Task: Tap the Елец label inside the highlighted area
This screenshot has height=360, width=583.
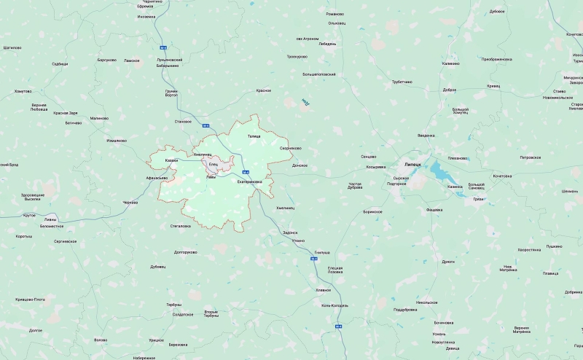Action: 214,164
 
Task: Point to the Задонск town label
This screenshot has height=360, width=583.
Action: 290,232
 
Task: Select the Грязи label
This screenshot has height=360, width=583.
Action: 478,198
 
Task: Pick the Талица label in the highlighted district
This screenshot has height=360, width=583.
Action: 254,136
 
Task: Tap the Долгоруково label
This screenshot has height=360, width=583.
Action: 186,252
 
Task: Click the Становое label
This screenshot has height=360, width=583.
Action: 184,121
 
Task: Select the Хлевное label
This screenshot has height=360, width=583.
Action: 323,290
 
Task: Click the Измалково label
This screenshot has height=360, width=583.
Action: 117,141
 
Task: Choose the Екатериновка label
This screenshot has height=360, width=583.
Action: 249,182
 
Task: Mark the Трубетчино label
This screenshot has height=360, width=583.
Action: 402,82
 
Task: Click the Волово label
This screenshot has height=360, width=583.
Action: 101,340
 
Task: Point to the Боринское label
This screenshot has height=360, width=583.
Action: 372,211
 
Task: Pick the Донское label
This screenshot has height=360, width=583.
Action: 300,165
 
